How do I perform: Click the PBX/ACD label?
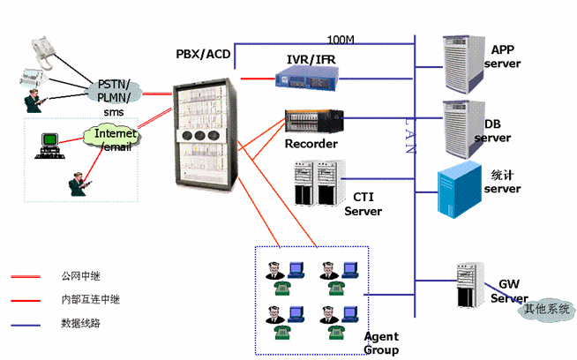tap(203, 56)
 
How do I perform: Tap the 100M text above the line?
tap(341, 41)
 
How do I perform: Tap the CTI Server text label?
tap(363, 204)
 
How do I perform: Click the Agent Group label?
tap(381, 343)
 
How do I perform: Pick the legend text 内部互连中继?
tap(90, 300)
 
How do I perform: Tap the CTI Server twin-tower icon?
tap(316, 182)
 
